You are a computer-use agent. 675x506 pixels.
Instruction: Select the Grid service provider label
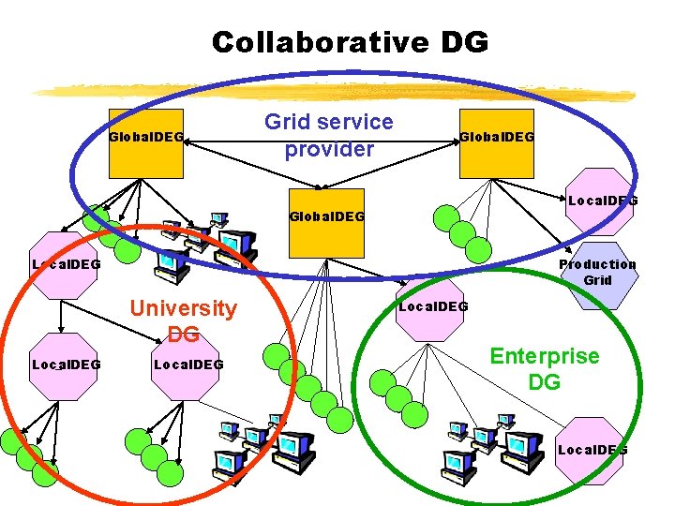(x=329, y=136)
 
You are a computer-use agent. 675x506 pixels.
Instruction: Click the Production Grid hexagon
(x=597, y=274)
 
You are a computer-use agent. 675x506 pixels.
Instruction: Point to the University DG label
(x=184, y=320)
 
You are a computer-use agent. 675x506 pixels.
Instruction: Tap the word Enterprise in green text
(x=545, y=356)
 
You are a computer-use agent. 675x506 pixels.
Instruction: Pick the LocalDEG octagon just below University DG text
(x=187, y=365)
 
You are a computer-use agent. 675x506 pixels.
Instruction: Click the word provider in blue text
(x=329, y=149)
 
